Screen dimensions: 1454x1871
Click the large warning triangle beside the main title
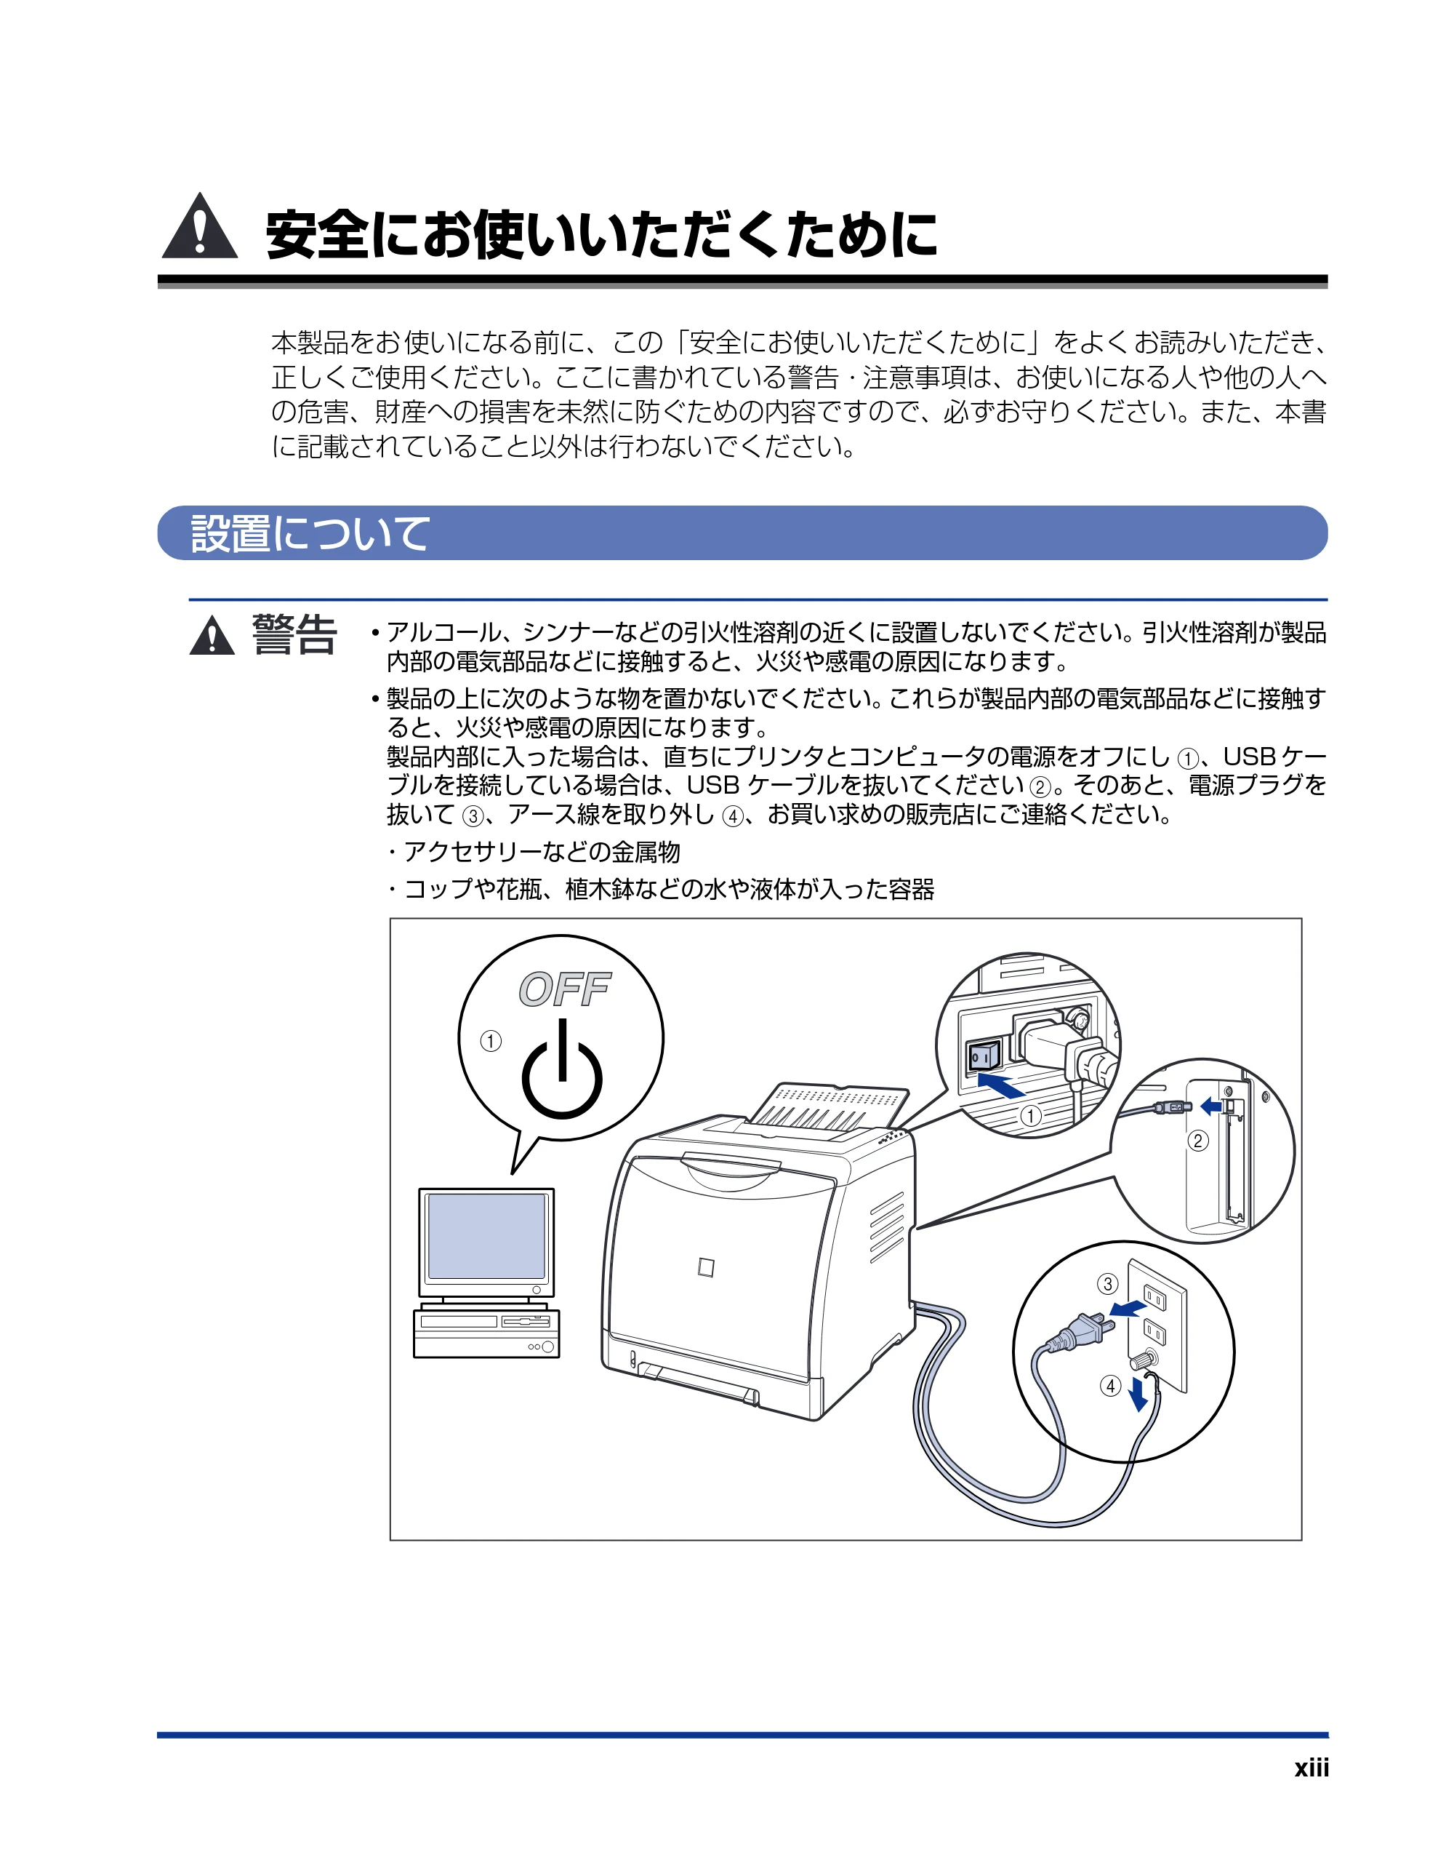(x=199, y=227)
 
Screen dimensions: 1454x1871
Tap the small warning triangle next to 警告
(x=212, y=637)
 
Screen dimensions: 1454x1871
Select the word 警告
(x=294, y=635)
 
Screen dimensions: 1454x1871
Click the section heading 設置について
(x=309, y=533)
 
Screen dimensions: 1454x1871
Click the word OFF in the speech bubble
(x=564, y=989)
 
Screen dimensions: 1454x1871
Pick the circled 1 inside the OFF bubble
(x=491, y=1041)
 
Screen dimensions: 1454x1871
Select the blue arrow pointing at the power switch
(x=1001, y=1086)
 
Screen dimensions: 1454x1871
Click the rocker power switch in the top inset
(x=984, y=1057)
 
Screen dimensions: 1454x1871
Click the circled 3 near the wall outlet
(x=1108, y=1283)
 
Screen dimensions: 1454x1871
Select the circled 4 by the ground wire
(x=1111, y=1385)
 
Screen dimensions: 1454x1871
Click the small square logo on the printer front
(x=706, y=1267)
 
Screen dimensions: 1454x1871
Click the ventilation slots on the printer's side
(x=887, y=1226)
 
